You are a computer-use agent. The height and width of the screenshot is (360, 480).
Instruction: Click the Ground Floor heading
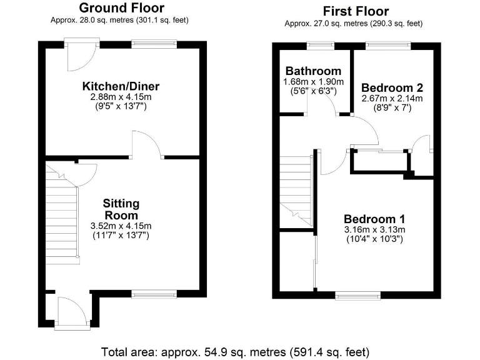pyautogui.click(x=122, y=8)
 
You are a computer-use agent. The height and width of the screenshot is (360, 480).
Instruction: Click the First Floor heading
pyautogui.click(x=356, y=11)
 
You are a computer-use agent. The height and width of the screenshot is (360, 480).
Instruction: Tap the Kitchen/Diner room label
pyautogui.click(x=121, y=86)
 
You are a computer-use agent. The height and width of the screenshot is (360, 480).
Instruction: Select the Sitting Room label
pyautogui.click(x=121, y=209)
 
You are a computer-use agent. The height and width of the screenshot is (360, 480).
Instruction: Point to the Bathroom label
pyautogui.click(x=313, y=71)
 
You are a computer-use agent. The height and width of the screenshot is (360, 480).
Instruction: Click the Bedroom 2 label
pyautogui.click(x=388, y=88)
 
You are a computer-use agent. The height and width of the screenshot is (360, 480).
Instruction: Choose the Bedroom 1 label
pyautogui.click(x=374, y=219)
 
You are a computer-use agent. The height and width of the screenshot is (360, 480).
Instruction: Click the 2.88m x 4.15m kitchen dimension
pyautogui.click(x=121, y=97)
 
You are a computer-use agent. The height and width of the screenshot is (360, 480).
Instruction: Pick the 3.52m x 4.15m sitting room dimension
pyautogui.click(x=121, y=226)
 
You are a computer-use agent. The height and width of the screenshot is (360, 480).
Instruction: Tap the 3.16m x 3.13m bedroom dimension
pyautogui.click(x=374, y=229)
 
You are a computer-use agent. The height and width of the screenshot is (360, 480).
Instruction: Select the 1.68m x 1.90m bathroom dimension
pyautogui.click(x=313, y=81)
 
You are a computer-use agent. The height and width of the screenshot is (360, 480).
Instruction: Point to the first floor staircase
pyautogui.click(x=295, y=191)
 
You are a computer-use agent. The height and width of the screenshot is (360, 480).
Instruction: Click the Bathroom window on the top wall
pyautogui.click(x=319, y=44)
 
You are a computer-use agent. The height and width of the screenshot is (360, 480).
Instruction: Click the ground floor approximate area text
pyautogui.click(x=119, y=20)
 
